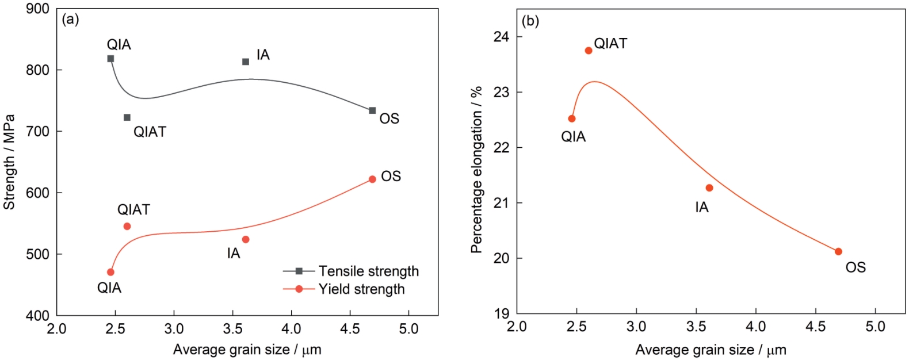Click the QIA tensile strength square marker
click(x=110, y=59)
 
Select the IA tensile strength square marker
click(x=246, y=62)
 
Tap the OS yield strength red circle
click(x=372, y=179)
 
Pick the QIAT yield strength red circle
click(x=127, y=227)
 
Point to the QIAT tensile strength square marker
click(x=127, y=117)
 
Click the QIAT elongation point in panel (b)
click(x=589, y=51)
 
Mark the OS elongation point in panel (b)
click(x=838, y=251)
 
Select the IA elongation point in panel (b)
click(x=709, y=188)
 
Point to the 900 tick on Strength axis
click(x=38, y=9)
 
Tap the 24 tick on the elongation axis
click(x=501, y=37)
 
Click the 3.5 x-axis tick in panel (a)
click(x=232, y=329)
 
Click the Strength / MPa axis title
click(x=9, y=162)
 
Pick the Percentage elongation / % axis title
click(x=476, y=170)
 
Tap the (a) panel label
click(x=70, y=20)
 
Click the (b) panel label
click(x=530, y=22)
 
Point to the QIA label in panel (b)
click(x=573, y=137)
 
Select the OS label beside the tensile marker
click(x=389, y=118)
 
